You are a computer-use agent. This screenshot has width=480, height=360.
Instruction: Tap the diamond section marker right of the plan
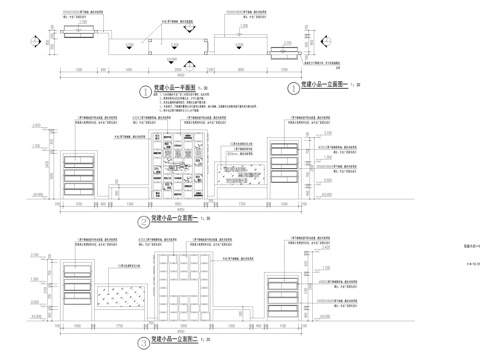pos(313,42)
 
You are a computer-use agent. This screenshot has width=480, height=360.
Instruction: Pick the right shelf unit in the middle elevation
pos(285,173)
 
